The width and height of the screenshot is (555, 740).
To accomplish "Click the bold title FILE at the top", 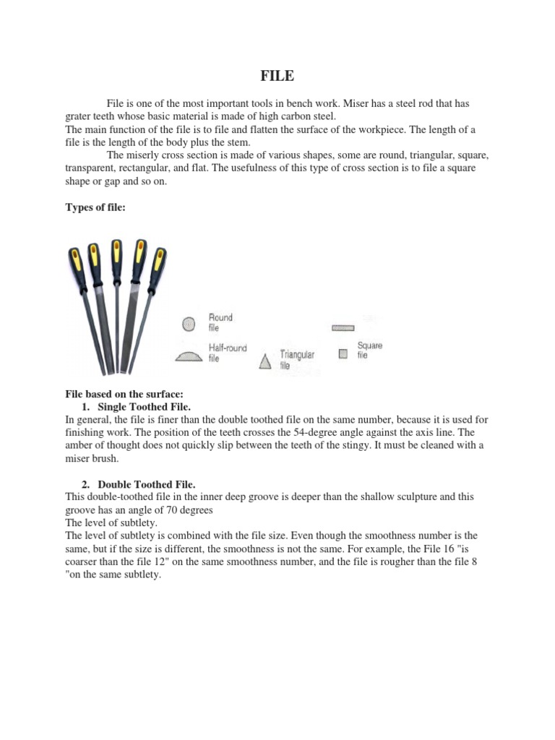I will pos(277,74).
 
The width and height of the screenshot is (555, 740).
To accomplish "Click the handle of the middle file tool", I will pos(116,257).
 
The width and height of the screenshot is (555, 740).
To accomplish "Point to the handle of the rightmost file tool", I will pos(160,261).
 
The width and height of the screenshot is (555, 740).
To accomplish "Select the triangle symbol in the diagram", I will pos(266,361).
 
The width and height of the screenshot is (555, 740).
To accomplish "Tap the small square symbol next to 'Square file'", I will pos(343,353).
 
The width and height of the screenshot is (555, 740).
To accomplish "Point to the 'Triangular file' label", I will pos(296,359).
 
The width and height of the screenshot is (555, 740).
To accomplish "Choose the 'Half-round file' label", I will pos(227,352).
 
